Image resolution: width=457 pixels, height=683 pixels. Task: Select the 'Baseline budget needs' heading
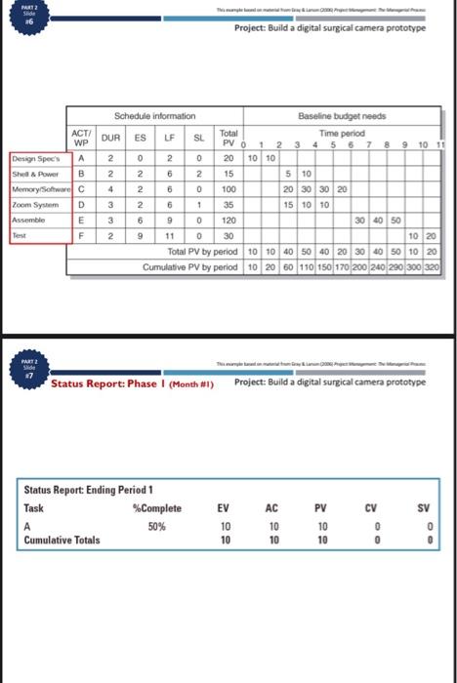click(348, 116)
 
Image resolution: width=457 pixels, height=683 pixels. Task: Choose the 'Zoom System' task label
click(32, 206)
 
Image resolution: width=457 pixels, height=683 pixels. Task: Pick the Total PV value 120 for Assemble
click(229, 221)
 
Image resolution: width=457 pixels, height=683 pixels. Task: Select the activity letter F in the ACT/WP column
click(82, 235)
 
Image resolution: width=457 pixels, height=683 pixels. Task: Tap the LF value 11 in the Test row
click(169, 235)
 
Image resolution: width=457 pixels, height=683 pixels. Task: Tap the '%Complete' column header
click(157, 508)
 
